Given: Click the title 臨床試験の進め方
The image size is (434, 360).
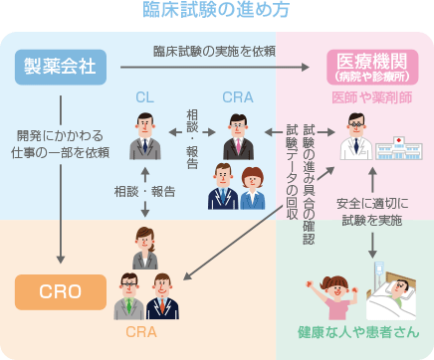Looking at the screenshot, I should pos(216,12).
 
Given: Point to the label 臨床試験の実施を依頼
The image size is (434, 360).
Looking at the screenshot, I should pos(214,50).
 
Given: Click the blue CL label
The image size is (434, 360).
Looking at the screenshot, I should pos(146,97).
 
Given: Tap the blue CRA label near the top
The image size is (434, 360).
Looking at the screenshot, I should pos(237,97).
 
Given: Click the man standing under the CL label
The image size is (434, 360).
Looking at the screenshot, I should pos(146,136).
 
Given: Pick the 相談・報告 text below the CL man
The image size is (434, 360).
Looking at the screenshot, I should pos(146,191).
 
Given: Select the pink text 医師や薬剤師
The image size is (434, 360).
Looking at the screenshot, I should pos(371,98).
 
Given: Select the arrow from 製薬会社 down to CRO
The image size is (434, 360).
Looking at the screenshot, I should pos(62,179).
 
